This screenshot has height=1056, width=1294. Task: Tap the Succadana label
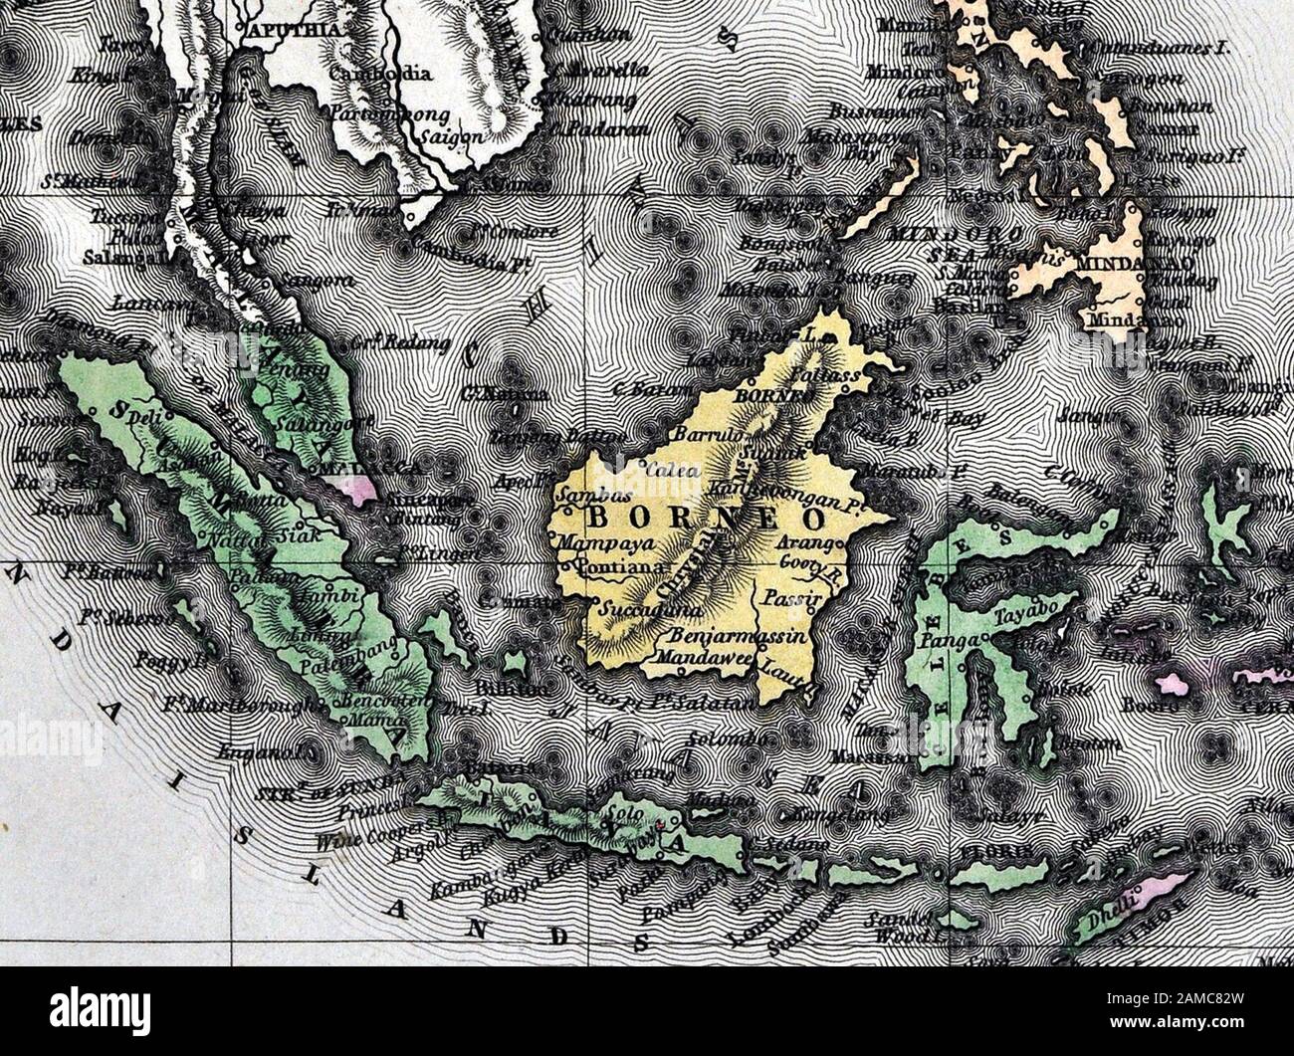click(x=649, y=610)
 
